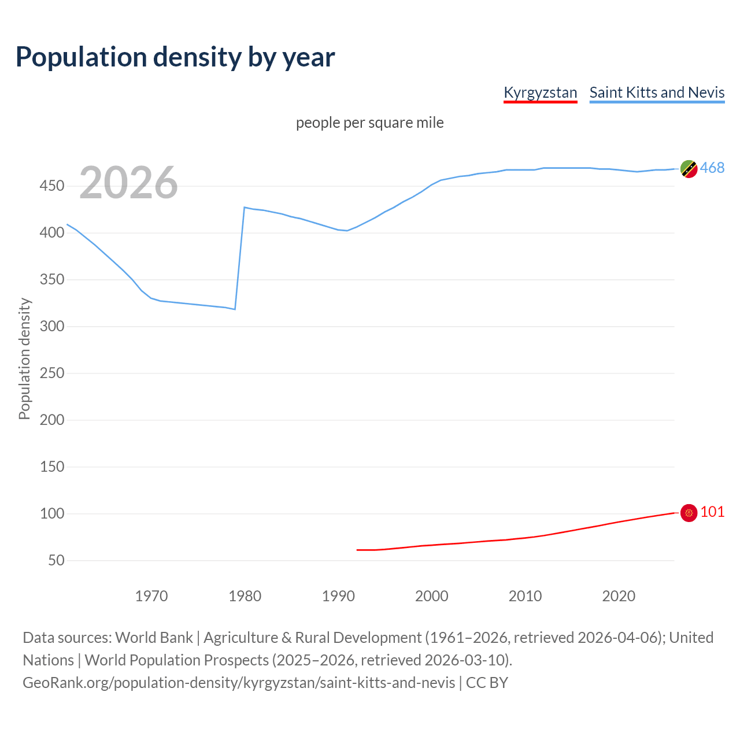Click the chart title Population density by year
coord(175,57)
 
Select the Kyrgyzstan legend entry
coord(540,92)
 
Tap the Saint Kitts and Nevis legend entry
coord(657,92)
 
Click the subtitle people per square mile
coord(369,123)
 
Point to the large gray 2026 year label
coord(128,183)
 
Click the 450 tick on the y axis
coord(51,186)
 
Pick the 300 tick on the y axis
coord(51,327)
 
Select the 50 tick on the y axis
coord(55,560)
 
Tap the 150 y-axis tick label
coord(51,467)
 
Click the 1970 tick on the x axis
coord(151,595)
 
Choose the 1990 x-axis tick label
coord(338,595)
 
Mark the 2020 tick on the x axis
coord(619,595)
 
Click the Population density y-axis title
coord(24,358)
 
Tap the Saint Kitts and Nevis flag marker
coord(689,169)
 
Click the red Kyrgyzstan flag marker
coord(689,513)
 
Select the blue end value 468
coord(712,168)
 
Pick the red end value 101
coord(712,512)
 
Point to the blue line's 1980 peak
coord(245,207)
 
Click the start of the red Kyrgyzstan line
coord(357,550)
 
